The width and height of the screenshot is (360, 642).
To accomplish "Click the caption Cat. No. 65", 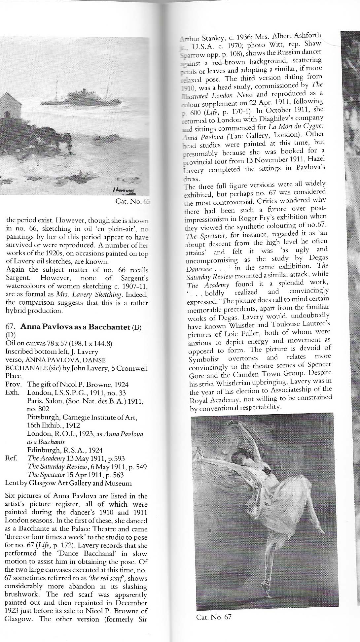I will (132, 201).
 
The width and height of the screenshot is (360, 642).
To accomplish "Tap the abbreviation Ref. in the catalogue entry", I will (11, 458).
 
